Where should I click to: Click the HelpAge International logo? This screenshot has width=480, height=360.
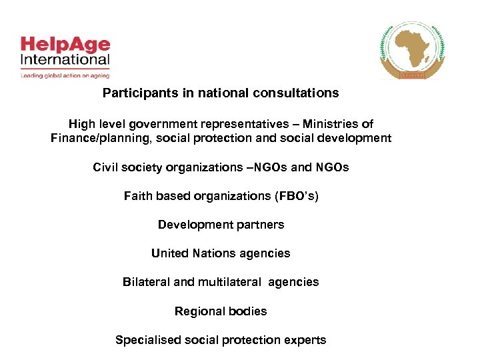coord(65,53)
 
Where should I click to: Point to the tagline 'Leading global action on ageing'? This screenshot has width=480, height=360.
coord(64,76)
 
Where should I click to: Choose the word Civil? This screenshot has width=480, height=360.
coord(105,167)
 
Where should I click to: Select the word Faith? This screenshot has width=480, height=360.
coord(137,196)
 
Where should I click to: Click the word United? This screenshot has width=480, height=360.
coord(169,253)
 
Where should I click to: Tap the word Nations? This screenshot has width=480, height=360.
coord(213,253)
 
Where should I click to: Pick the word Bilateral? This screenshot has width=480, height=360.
coord(146,282)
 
